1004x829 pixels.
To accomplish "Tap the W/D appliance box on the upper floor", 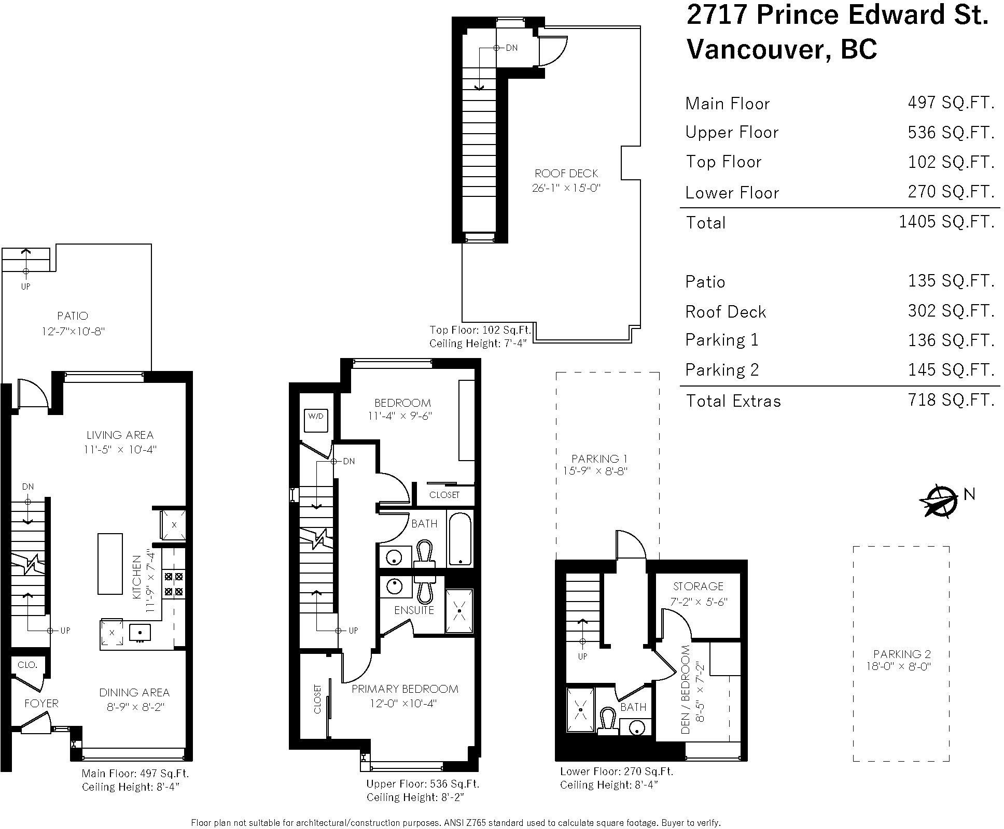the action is [316, 420].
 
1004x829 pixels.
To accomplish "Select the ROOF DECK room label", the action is [566, 173].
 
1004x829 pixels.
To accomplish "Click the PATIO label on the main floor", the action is [73, 316].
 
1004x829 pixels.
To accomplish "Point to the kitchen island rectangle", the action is [110, 564].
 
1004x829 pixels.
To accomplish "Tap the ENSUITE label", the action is [414, 610].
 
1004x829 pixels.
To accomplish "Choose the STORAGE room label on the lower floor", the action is [698, 587].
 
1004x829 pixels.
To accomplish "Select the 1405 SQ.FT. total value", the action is [946, 222].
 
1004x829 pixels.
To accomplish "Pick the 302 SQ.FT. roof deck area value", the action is [951, 311].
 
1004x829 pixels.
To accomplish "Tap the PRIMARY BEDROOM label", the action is [405, 689].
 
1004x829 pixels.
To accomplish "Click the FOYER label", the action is [41, 704].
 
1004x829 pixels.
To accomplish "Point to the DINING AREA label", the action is [134, 693].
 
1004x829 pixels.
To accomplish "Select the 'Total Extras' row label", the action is [733, 401].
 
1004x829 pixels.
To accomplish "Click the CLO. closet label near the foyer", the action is [27, 665].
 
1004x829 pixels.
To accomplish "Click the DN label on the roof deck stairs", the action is [512, 48].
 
